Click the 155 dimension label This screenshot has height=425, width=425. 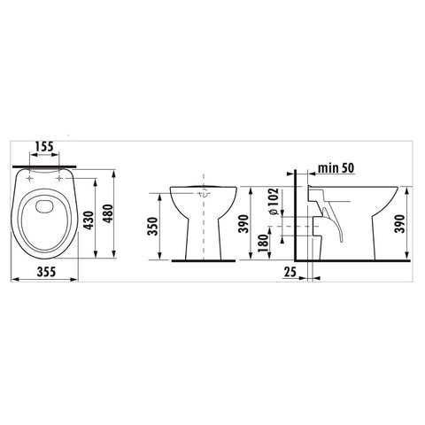pos(44,146)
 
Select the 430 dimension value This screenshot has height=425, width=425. pos(89,220)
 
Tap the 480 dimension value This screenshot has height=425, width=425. pos(107,213)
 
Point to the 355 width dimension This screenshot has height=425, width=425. pos(46,272)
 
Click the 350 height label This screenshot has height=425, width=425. pos(153,226)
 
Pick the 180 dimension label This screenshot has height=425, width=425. pos(263,243)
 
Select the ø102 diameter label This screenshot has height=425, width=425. pos(274,201)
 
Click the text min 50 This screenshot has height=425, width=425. pos(336,168)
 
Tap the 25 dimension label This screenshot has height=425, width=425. pos(290,272)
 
